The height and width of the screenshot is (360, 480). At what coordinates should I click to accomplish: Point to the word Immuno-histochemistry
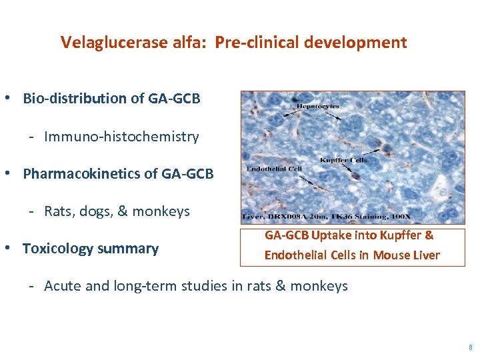121,137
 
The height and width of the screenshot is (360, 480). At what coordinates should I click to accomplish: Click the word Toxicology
58,249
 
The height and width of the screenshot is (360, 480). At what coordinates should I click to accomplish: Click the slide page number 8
470,347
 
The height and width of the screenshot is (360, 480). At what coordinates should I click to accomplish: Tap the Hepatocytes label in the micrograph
318,105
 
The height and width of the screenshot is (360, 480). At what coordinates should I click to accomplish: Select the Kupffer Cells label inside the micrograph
343,160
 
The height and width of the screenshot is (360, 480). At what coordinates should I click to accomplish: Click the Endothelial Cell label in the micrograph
274,169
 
